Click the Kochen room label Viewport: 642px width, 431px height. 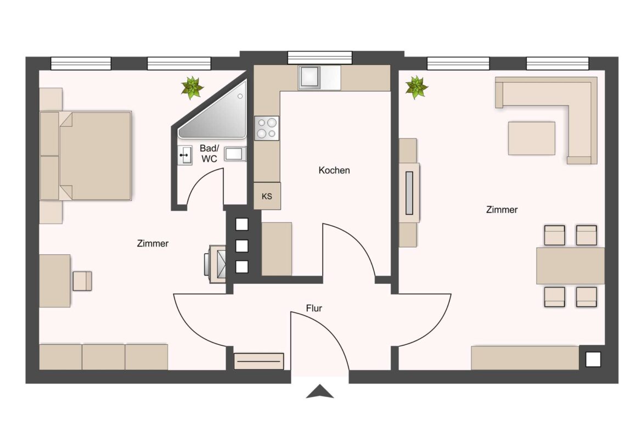[334, 170]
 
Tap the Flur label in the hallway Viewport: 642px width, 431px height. [314, 309]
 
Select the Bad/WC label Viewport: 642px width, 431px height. [209, 153]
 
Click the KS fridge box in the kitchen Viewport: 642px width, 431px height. [267, 197]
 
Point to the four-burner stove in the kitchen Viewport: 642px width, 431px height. [267, 128]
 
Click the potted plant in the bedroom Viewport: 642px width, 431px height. [192, 88]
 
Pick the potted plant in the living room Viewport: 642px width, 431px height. [416, 87]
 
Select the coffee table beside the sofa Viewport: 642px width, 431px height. [531, 138]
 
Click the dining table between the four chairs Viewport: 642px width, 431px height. [570, 265]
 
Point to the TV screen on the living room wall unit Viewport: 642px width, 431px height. [409, 193]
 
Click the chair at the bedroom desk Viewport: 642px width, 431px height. [82, 281]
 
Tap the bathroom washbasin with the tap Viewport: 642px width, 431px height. [185, 155]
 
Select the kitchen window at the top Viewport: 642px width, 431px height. [320, 57]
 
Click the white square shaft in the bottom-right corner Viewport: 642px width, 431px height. [593, 359]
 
